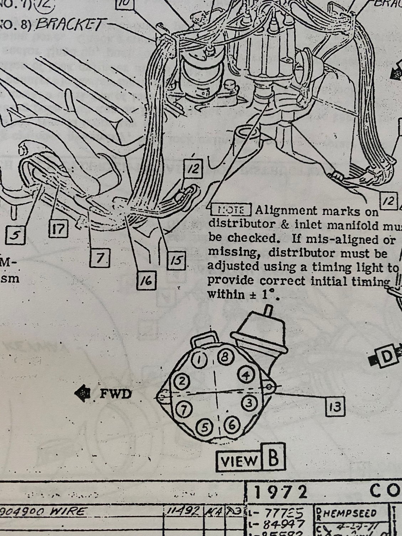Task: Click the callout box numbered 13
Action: (x=335, y=406)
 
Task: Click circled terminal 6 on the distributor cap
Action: (x=231, y=424)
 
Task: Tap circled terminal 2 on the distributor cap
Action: (x=182, y=382)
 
